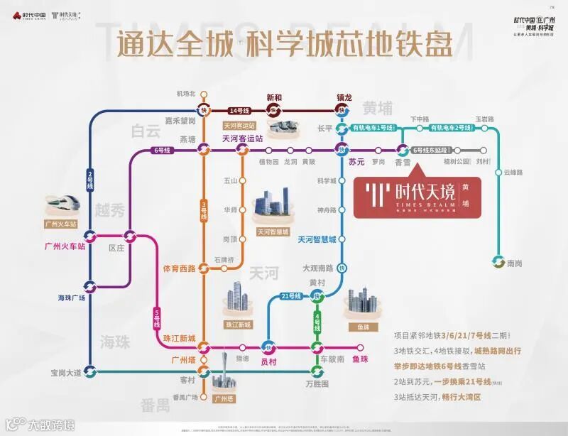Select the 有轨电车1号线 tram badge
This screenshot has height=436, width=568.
click(373, 128)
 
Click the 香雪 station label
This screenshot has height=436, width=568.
click(403, 162)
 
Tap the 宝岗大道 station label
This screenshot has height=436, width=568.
click(61, 371)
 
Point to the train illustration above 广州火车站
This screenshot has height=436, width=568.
click(62, 207)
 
